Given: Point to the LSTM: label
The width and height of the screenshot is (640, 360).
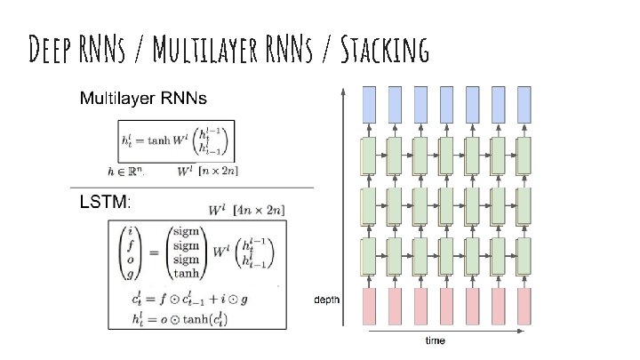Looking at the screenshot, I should pos(106,203).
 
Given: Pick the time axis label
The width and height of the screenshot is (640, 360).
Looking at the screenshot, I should pos(435,340).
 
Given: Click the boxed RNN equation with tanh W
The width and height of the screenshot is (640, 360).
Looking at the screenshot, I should pos(175,140).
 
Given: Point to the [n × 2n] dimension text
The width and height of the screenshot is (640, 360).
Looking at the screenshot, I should pos(219,170).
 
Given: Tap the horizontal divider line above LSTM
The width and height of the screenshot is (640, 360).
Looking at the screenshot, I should pos(191,188).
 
